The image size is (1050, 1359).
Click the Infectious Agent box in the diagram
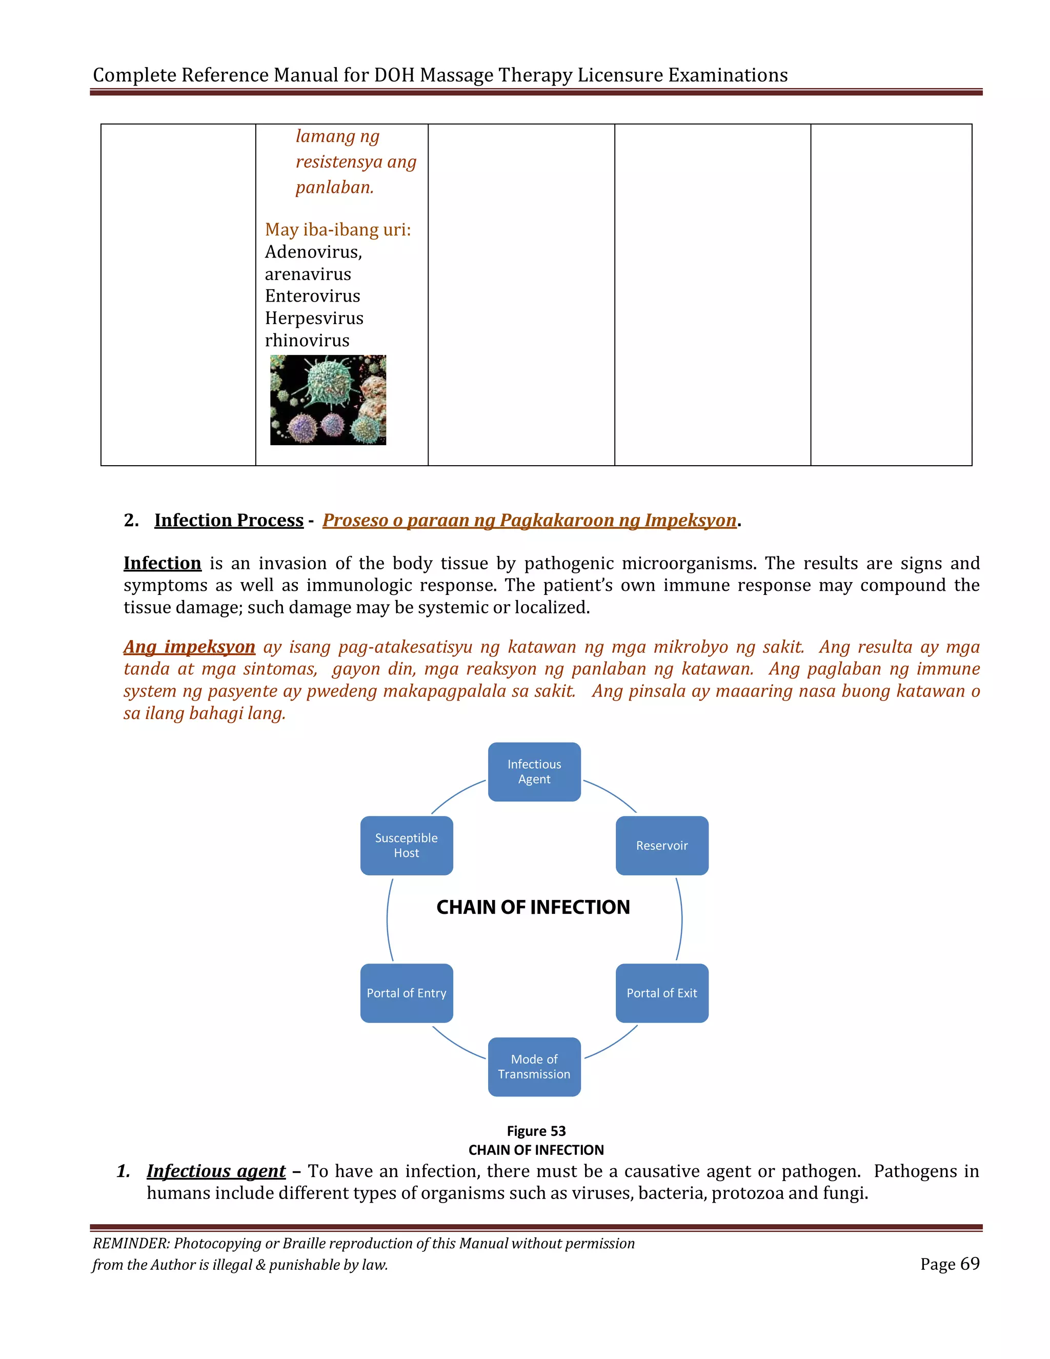click(534, 772)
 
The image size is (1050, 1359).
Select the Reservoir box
click(662, 846)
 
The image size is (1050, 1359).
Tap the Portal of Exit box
click(662, 993)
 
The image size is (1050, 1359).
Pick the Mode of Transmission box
click(534, 1067)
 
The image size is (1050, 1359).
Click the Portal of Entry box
click(406, 993)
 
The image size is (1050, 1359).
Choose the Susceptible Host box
click(406, 846)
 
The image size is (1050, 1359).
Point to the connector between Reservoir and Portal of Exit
click(681, 919)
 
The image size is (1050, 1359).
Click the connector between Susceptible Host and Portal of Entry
click(388, 919)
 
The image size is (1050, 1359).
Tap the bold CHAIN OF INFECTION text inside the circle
click(533, 907)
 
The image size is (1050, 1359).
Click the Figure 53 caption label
click(536, 1131)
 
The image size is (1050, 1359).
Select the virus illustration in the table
click(328, 399)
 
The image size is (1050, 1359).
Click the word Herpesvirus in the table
click(314, 318)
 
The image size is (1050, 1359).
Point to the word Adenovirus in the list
click(313, 252)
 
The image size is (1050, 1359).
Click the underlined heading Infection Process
click(229, 520)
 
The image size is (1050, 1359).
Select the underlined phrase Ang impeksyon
click(189, 647)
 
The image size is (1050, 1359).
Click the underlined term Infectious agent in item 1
click(216, 1171)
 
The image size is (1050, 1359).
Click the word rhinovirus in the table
click(307, 341)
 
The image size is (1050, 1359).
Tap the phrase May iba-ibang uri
click(337, 230)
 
